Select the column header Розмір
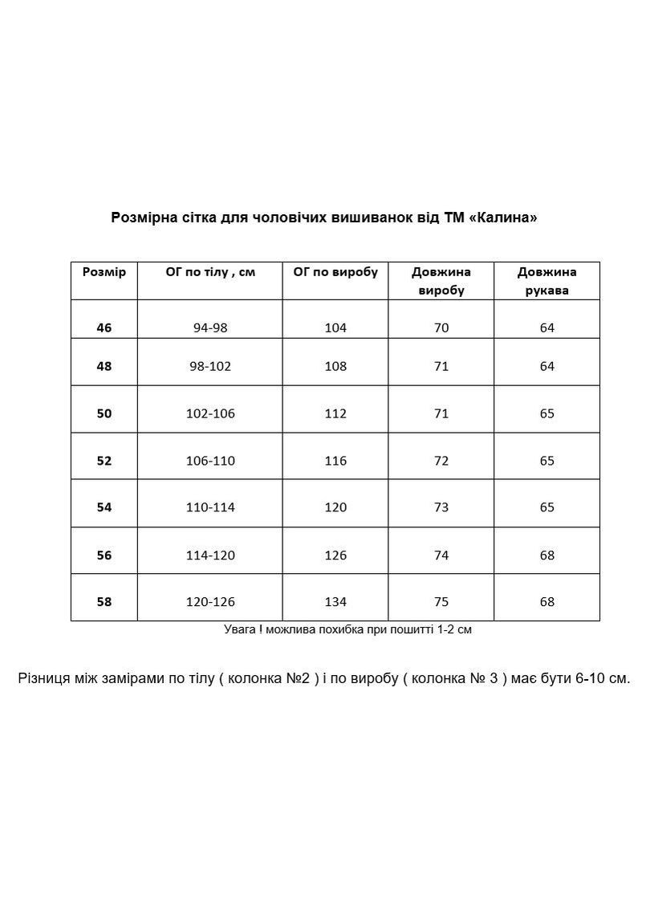[x=104, y=272]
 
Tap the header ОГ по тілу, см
[x=210, y=272]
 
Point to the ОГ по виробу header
[x=335, y=272]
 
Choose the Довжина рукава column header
[x=547, y=281]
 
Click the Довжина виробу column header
[x=441, y=281]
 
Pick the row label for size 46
[x=104, y=327]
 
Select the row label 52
[x=104, y=461]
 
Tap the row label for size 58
[x=104, y=601]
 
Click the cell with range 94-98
[x=210, y=327]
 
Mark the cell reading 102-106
[x=210, y=413]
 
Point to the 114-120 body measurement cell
[x=210, y=555]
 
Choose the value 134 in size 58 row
[x=335, y=601]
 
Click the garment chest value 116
[x=335, y=461]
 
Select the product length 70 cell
[x=441, y=327]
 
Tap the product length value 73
[x=441, y=507]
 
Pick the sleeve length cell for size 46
[x=547, y=327]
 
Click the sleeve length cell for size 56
[x=547, y=555]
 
